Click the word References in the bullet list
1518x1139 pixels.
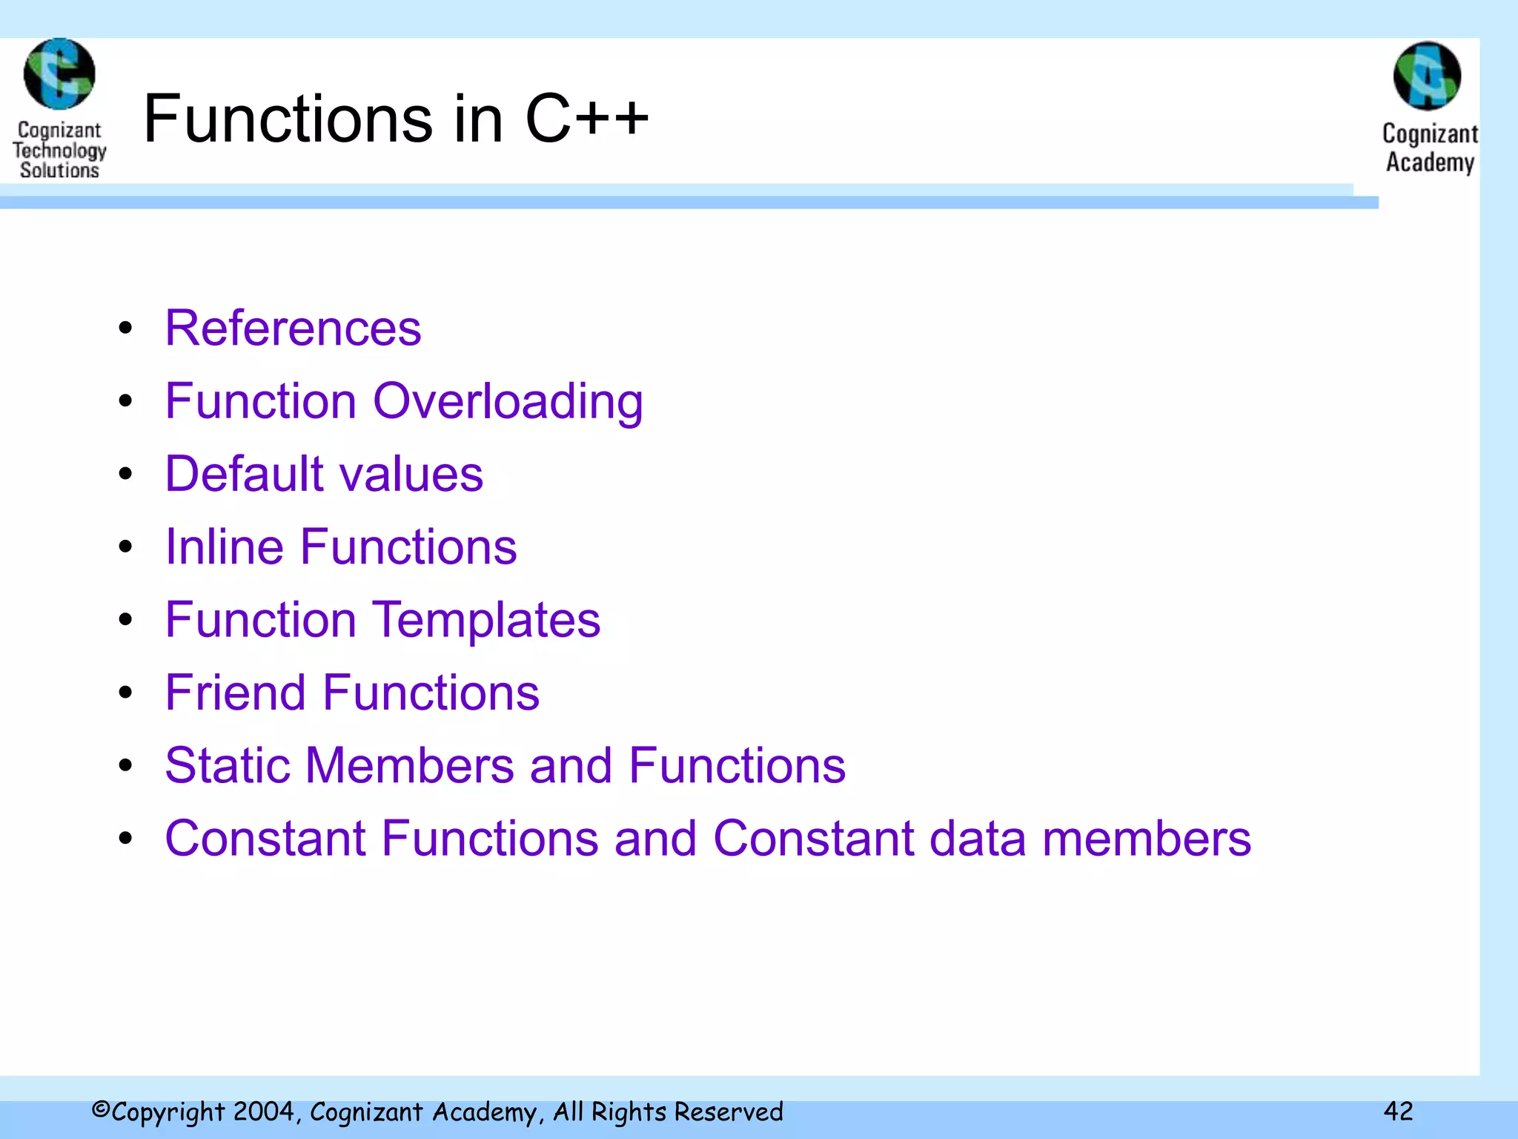tap(293, 328)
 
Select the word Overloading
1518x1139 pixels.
tap(508, 401)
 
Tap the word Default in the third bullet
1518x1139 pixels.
tap(245, 474)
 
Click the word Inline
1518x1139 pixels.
tap(225, 547)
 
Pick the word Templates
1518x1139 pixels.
tap(486, 620)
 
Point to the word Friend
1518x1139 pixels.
tap(235, 693)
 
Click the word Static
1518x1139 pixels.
tap(227, 765)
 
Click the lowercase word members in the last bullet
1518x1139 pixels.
tap(1147, 839)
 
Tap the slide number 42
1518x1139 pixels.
tap(1398, 1110)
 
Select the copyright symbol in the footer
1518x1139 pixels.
tap(101, 1109)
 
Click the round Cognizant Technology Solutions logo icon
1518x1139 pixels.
tap(59, 74)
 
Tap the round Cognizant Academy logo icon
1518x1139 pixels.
tap(1427, 76)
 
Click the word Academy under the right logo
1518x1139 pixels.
tap(1430, 162)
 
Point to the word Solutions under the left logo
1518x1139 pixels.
tap(59, 170)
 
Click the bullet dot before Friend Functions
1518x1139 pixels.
tap(125, 693)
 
